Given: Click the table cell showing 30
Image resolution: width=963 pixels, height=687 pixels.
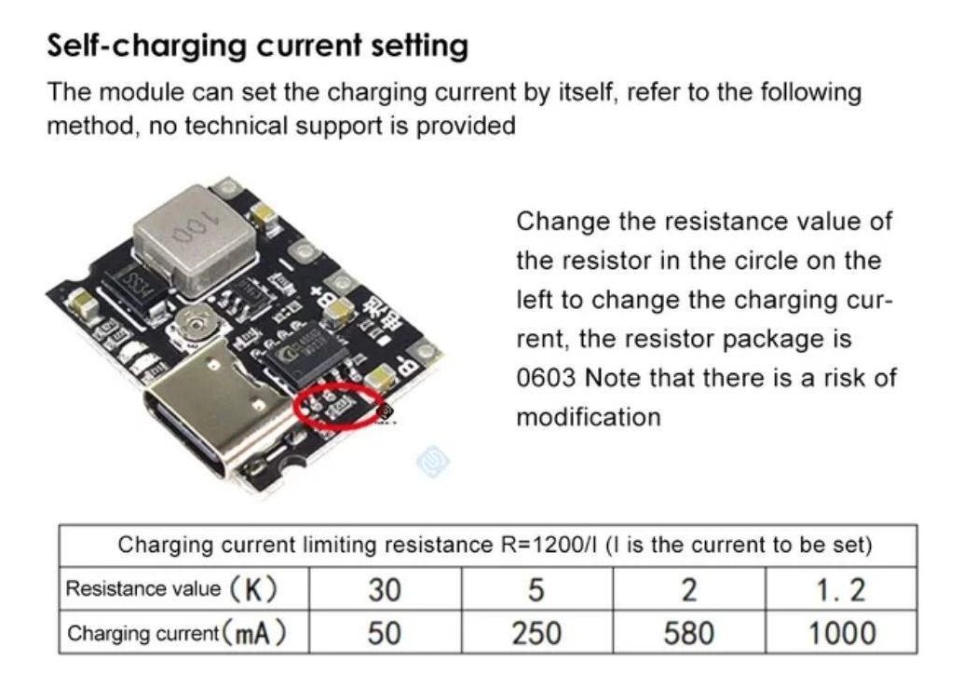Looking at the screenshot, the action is [385, 588].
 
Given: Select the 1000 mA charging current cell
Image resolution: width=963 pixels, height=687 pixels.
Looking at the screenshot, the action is [841, 632].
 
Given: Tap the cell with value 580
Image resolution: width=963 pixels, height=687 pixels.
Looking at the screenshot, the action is [689, 632].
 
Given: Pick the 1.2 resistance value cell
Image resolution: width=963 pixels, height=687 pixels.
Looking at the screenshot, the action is [841, 588].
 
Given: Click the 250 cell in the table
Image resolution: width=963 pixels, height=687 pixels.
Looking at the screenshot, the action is [536, 632].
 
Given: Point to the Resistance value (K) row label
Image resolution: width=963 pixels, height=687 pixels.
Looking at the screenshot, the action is [171, 588].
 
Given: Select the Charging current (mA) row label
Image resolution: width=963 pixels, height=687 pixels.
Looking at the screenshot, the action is [176, 633].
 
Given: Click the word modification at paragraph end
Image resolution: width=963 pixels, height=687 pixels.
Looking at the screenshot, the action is [589, 417].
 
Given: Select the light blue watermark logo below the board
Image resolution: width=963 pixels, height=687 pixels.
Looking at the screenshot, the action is [433, 461].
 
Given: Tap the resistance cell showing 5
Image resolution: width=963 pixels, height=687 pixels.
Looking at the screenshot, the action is [536, 588].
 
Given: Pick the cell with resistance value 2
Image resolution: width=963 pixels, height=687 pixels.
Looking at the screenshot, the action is [689, 588].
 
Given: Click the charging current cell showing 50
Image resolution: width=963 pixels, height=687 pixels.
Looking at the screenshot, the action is [385, 632].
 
